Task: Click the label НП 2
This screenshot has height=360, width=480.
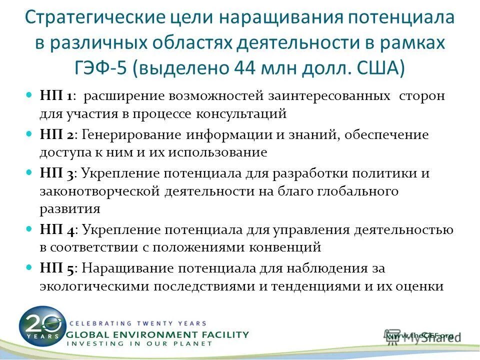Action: tap(56, 135)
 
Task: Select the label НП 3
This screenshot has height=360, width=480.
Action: tap(56, 174)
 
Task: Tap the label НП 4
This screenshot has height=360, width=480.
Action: tap(57, 229)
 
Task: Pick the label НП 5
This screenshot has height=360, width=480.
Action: tap(56, 268)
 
